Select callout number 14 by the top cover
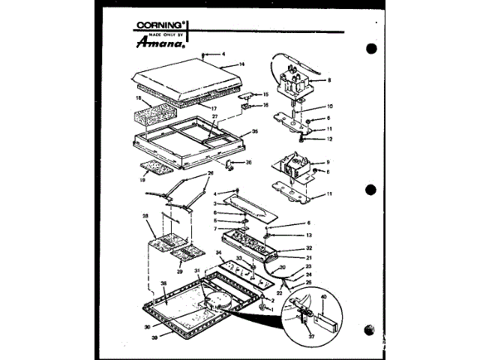[241, 65]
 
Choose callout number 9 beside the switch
[328, 163]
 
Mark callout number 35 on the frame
[255, 131]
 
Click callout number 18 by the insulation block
[138, 97]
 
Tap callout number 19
[143, 181]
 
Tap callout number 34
[219, 253]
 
